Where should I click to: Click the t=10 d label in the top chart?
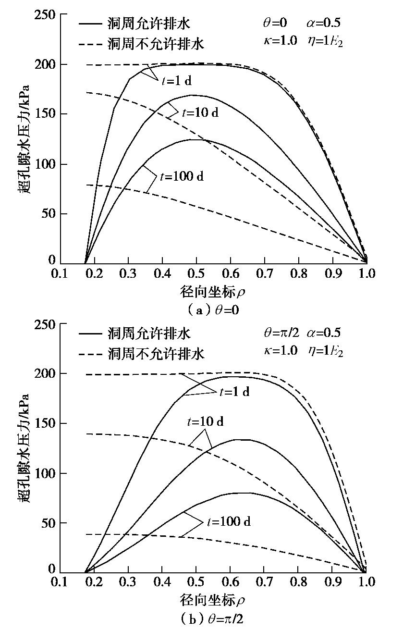pos(199,113)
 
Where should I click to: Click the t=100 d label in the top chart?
pos(182,176)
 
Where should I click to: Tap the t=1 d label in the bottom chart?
pos(234,392)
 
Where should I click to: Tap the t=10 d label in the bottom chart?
pos(205,422)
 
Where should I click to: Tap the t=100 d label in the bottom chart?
pos(229,521)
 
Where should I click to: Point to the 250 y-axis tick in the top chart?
pos(44,15)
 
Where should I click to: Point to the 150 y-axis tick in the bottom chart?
pos(44,423)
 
